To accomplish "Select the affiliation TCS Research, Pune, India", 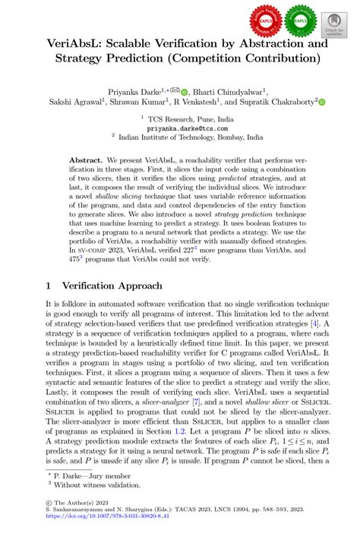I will pos(180,120).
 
